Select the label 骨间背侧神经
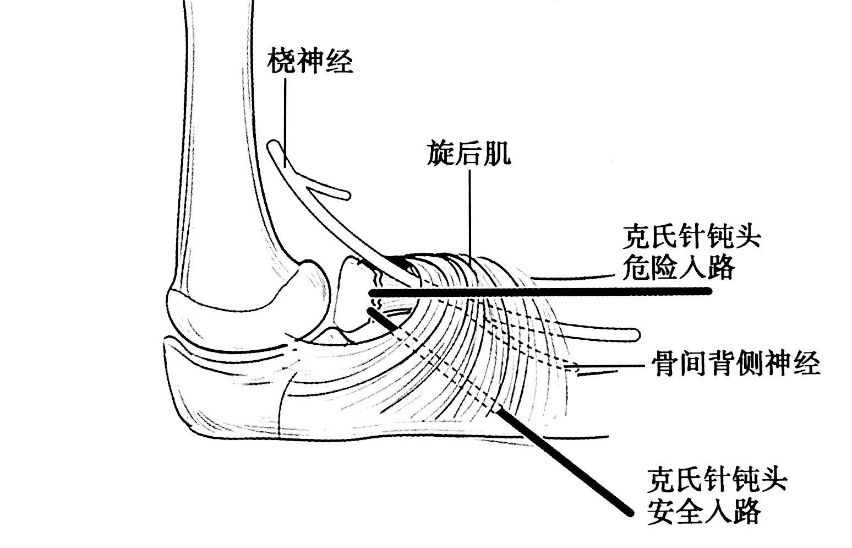(736, 363)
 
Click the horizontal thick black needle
(539, 292)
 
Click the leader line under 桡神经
(285, 121)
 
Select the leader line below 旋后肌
(469, 215)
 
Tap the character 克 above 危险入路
(636, 238)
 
